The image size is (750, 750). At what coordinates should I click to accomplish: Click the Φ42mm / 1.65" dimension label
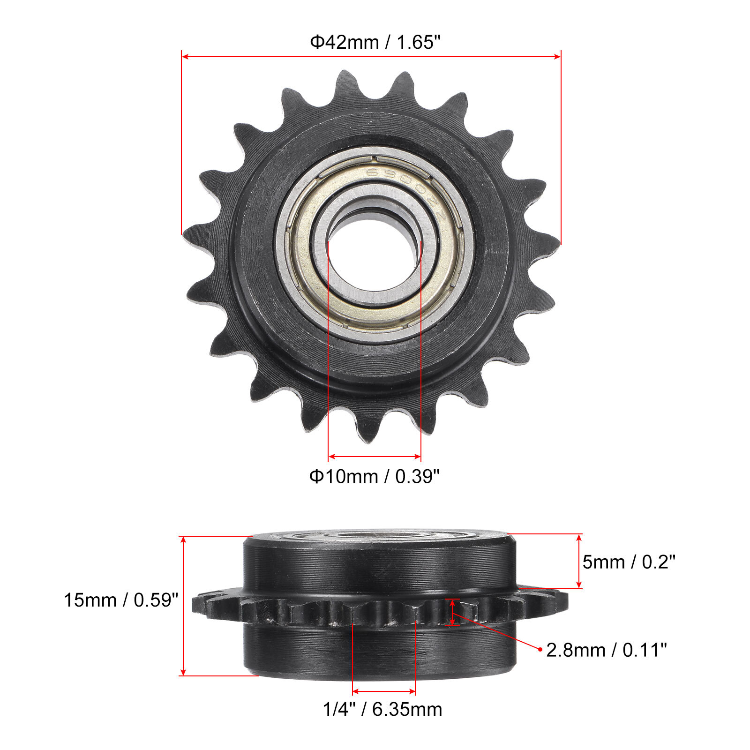coord(375,42)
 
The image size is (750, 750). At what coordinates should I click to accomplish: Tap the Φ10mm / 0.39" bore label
coord(374,476)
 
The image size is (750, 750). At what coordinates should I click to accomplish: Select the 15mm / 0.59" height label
coord(121,600)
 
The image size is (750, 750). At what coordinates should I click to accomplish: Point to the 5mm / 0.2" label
coord(629,562)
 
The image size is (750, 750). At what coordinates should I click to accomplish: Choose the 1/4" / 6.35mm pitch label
coord(382,709)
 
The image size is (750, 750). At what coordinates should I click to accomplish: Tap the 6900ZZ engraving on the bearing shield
coord(403,187)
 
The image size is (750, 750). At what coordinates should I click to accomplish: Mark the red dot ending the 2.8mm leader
coord(540,649)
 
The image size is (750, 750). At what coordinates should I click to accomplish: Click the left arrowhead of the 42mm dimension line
coord(185,57)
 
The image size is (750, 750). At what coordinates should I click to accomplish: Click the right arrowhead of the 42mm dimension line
coord(557,57)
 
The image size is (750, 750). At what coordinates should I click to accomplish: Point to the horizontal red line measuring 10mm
coord(375,456)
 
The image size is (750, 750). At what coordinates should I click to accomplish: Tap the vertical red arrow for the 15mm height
coord(183,606)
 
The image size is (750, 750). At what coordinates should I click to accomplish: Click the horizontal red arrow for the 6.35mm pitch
coord(384,691)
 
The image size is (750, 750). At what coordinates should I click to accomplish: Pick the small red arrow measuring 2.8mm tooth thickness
coord(452,612)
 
